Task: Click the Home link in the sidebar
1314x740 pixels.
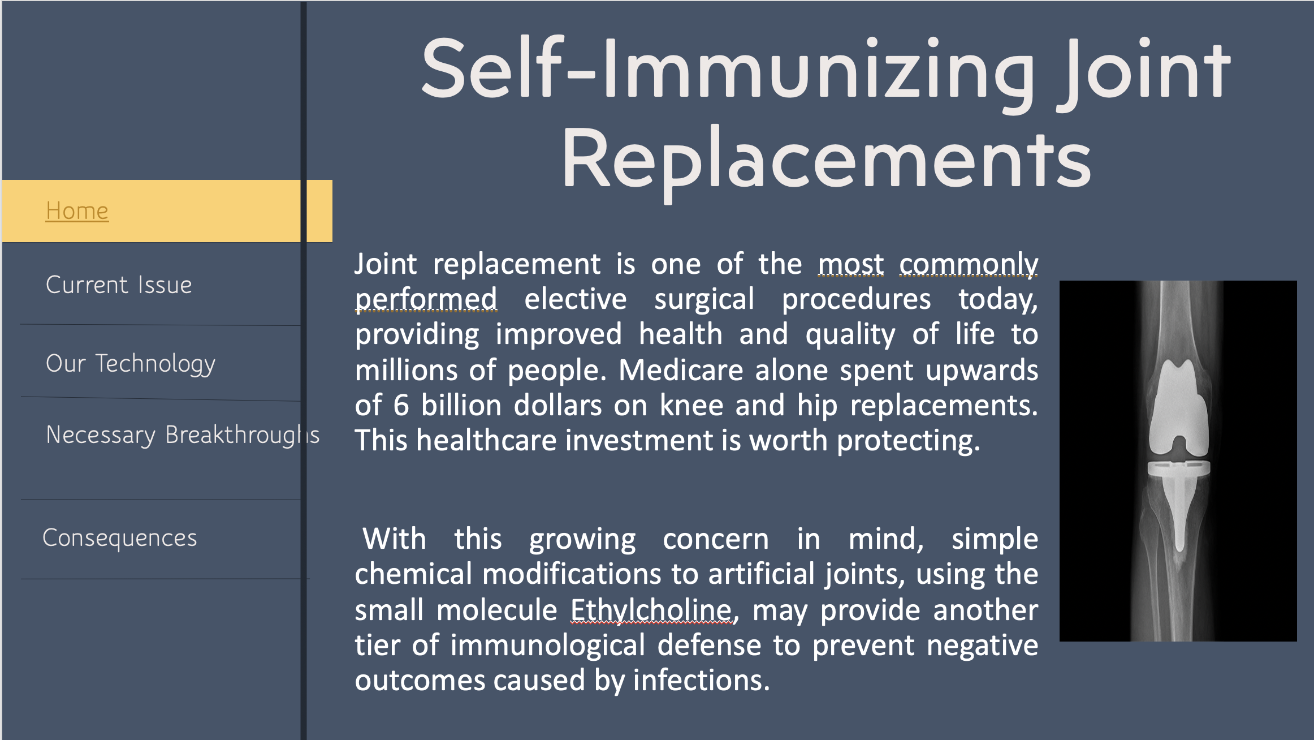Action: tap(77, 210)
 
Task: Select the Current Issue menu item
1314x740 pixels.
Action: tap(119, 285)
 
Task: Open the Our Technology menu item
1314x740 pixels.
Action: tap(131, 364)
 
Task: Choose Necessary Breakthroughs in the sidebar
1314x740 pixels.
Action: tap(183, 435)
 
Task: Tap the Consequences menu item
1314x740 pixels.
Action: tap(119, 537)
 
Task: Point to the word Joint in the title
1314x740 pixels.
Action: tap(1144, 71)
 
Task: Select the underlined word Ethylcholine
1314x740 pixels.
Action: tap(651, 610)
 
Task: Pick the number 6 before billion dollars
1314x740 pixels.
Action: tap(401, 406)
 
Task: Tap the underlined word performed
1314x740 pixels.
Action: tap(426, 299)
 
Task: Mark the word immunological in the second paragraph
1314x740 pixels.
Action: tap(547, 646)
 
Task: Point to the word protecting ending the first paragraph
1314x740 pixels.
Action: tap(908, 441)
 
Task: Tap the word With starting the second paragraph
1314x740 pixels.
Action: tap(394, 539)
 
